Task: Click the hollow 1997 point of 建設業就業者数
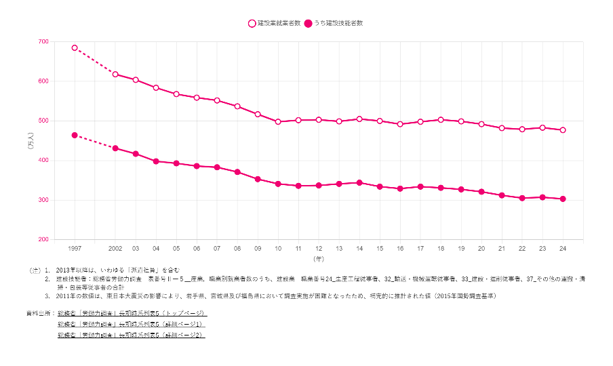click(75, 48)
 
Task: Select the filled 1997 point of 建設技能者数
click(75, 136)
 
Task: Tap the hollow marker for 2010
click(278, 121)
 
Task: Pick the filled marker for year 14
click(359, 183)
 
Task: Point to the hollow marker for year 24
click(563, 130)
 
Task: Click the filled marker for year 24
click(563, 199)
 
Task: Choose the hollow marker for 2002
click(115, 75)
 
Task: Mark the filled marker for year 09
click(258, 179)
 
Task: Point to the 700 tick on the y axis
click(43, 42)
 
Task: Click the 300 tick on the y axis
click(43, 200)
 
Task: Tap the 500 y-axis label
click(43, 121)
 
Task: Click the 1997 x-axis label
click(75, 249)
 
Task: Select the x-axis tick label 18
click(441, 249)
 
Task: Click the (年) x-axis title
click(319, 259)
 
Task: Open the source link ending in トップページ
click(132, 314)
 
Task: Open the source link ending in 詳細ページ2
click(132, 335)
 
